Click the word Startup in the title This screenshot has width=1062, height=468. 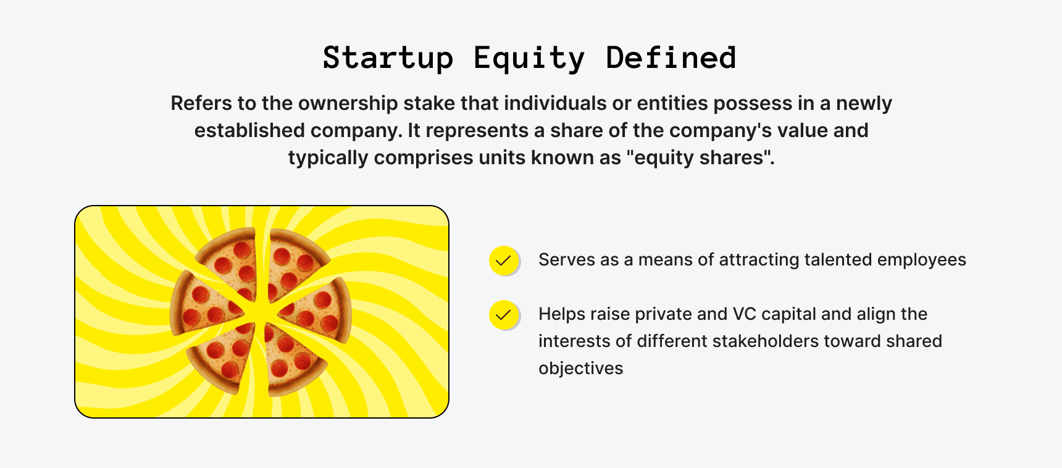388,58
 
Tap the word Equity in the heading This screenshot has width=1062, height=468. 529,58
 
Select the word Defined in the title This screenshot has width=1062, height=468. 671,58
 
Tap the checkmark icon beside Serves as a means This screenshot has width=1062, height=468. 504,261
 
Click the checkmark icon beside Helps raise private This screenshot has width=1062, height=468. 504,315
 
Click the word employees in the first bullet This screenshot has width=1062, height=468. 921,259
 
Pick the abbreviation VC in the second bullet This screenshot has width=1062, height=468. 743,314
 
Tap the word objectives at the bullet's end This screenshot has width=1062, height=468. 580,368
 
